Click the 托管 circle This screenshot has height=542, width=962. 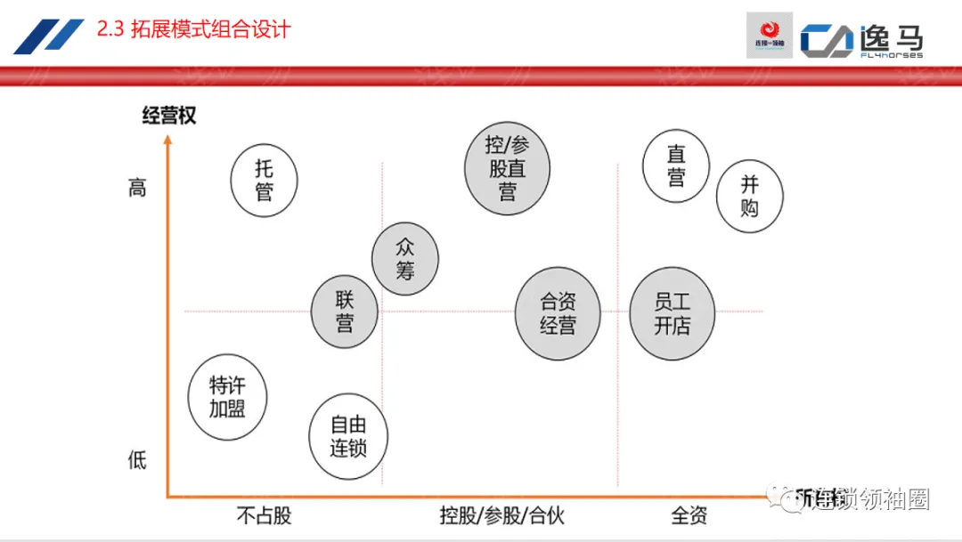tap(264, 180)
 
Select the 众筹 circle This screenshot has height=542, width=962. tap(405, 259)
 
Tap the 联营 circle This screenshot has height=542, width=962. tap(345, 311)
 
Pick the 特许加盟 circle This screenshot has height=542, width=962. tap(227, 397)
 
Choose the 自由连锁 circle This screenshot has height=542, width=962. tap(347, 436)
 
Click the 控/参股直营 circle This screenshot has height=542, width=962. tap(507, 168)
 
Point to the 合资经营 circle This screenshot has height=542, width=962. tap(558, 313)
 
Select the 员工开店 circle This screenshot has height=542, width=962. tap(673, 313)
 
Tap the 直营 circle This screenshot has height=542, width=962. tap(676, 166)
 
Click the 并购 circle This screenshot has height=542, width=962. tap(750, 196)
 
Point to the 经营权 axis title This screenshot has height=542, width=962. tap(169, 115)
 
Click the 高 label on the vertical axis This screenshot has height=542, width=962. tap(137, 189)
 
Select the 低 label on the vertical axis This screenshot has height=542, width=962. tap(137, 460)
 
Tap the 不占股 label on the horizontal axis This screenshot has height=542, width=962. tap(264, 515)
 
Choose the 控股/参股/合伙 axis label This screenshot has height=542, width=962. tap(501, 515)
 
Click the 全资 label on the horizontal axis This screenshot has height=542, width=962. tap(689, 515)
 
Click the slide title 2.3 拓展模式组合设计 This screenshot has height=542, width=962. tap(193, 30)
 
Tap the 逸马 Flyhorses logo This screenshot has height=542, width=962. tap(860, 39)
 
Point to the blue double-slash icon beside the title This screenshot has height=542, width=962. tap(49, 36)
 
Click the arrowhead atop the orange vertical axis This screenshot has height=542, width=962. tap(167, 139)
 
